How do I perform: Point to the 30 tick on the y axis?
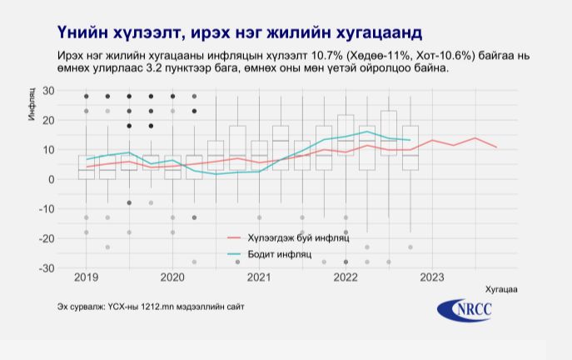pyautogui.click(x=48, y=90)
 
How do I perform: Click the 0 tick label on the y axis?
pyautogui.click(x=51, y=179)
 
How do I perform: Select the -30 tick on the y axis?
pyautogui.click(x=47, y=268)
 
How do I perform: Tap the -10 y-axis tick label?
pyautogui.click(x=47, y=209)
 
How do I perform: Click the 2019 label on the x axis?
pyautogui.click(x=85, y=277)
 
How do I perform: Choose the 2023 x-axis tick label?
pyautogui.click(x=432, y=277)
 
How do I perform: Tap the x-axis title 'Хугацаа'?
pyautogui.click(x=500, y=290)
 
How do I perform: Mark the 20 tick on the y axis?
pyautogui.click(x=48, y=120)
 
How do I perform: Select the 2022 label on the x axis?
pyautogui.click(x=346, y=277)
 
